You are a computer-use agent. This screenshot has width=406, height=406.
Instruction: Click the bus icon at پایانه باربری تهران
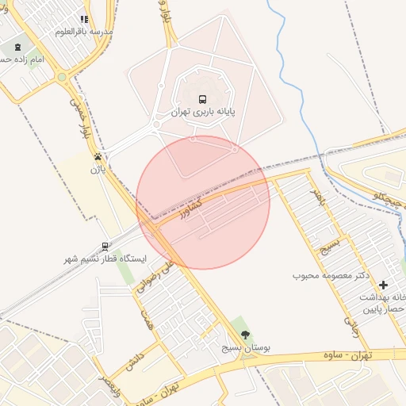tap(203, 100)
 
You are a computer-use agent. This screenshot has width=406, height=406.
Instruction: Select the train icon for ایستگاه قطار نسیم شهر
tap(105, 246)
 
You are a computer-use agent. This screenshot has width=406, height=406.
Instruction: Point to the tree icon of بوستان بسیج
tap(244, 335)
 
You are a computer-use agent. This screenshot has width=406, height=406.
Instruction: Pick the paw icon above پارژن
tap(98, 156)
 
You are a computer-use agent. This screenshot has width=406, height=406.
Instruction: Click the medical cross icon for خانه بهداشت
tap(384, 285)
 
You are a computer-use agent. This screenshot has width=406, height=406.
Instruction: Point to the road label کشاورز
tap(191, 208)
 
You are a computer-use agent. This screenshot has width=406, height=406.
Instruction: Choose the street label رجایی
tap(350, 317)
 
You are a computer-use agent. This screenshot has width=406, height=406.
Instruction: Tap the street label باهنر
tap(317, 194)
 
